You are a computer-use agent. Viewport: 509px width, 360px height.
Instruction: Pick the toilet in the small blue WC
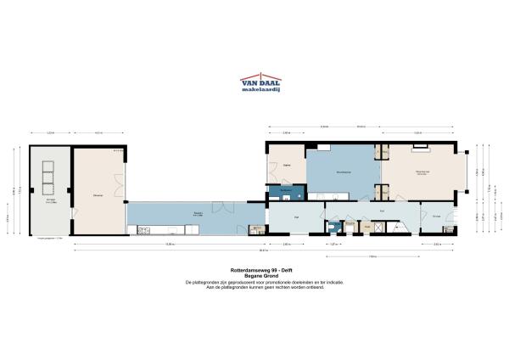click(x=349, y=227)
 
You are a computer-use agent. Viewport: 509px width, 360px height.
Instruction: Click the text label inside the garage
click(x=49, y=201)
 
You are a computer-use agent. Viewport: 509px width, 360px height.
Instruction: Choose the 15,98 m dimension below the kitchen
click(x=170, y=245)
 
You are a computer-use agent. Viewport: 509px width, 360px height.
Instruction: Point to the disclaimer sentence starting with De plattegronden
click(x=255, y=282)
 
